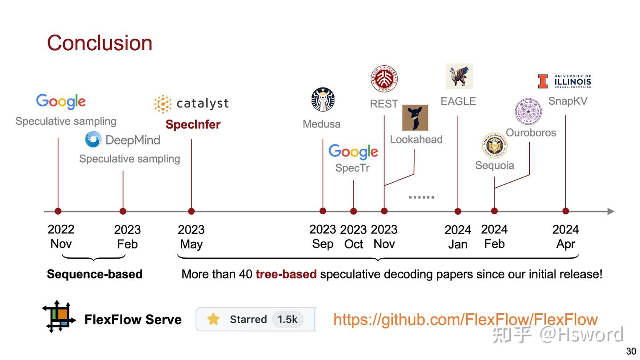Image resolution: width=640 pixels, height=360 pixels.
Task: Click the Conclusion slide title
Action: [100, 43]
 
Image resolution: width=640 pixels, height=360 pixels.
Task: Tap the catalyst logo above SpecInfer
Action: [192, 104]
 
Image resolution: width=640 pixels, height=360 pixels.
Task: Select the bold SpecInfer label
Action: [193, 124]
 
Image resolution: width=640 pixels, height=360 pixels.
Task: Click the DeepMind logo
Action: [123, 140]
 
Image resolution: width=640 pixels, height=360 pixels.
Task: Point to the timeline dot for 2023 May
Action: [191, 211]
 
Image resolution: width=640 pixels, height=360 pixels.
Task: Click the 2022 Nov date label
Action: [61, 236]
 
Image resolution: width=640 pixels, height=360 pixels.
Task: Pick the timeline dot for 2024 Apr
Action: [565, 211]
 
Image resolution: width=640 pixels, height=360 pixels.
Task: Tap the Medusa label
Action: [321, 124]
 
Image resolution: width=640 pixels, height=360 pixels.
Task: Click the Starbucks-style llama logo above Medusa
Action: [323, 99]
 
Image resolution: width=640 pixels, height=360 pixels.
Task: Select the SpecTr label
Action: [352, 168]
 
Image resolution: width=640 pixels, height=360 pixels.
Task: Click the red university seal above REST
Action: [384, 79]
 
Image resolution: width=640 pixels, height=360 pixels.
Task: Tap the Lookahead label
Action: [416, 140]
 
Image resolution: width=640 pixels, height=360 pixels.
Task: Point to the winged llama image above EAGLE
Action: [459, 76]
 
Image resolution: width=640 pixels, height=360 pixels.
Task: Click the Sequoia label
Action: [494, 165]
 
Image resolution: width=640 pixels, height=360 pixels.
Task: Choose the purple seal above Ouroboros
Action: [528, 112]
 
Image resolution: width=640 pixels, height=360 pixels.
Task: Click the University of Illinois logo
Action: [564, 81]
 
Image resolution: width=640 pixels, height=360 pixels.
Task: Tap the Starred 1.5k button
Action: [256, 319]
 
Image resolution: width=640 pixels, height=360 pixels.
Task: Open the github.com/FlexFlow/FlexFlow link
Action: [465, 319]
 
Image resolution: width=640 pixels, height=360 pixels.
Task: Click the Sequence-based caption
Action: [95, 274]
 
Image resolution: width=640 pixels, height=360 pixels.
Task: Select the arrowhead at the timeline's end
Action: [611, 211]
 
